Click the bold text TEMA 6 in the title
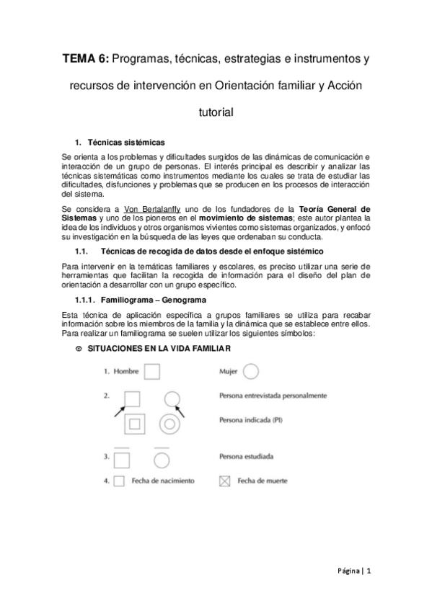[83, 58]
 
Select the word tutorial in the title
[216, 112]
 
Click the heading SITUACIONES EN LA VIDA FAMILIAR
[159, 349]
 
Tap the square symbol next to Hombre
[152, 371]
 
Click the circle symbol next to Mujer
[252, 371]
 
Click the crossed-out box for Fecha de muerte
[224, 480]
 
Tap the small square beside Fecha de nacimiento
[120, 480]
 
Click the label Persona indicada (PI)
[250, 422]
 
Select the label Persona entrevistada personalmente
[273, 396]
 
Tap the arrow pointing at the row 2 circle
[181, 411]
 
